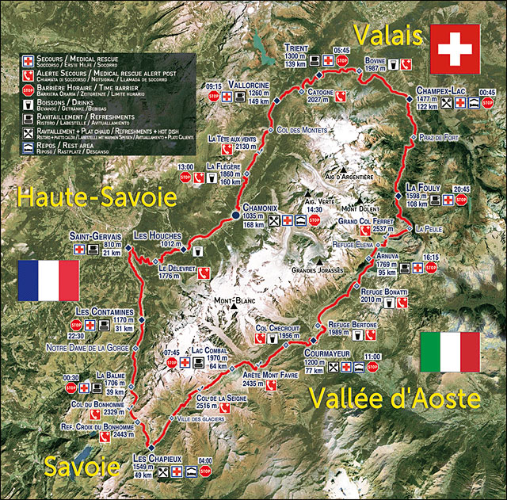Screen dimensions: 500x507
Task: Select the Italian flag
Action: click(x=450, y=352)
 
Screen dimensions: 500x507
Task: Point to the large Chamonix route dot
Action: click(x=235, y=215)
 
